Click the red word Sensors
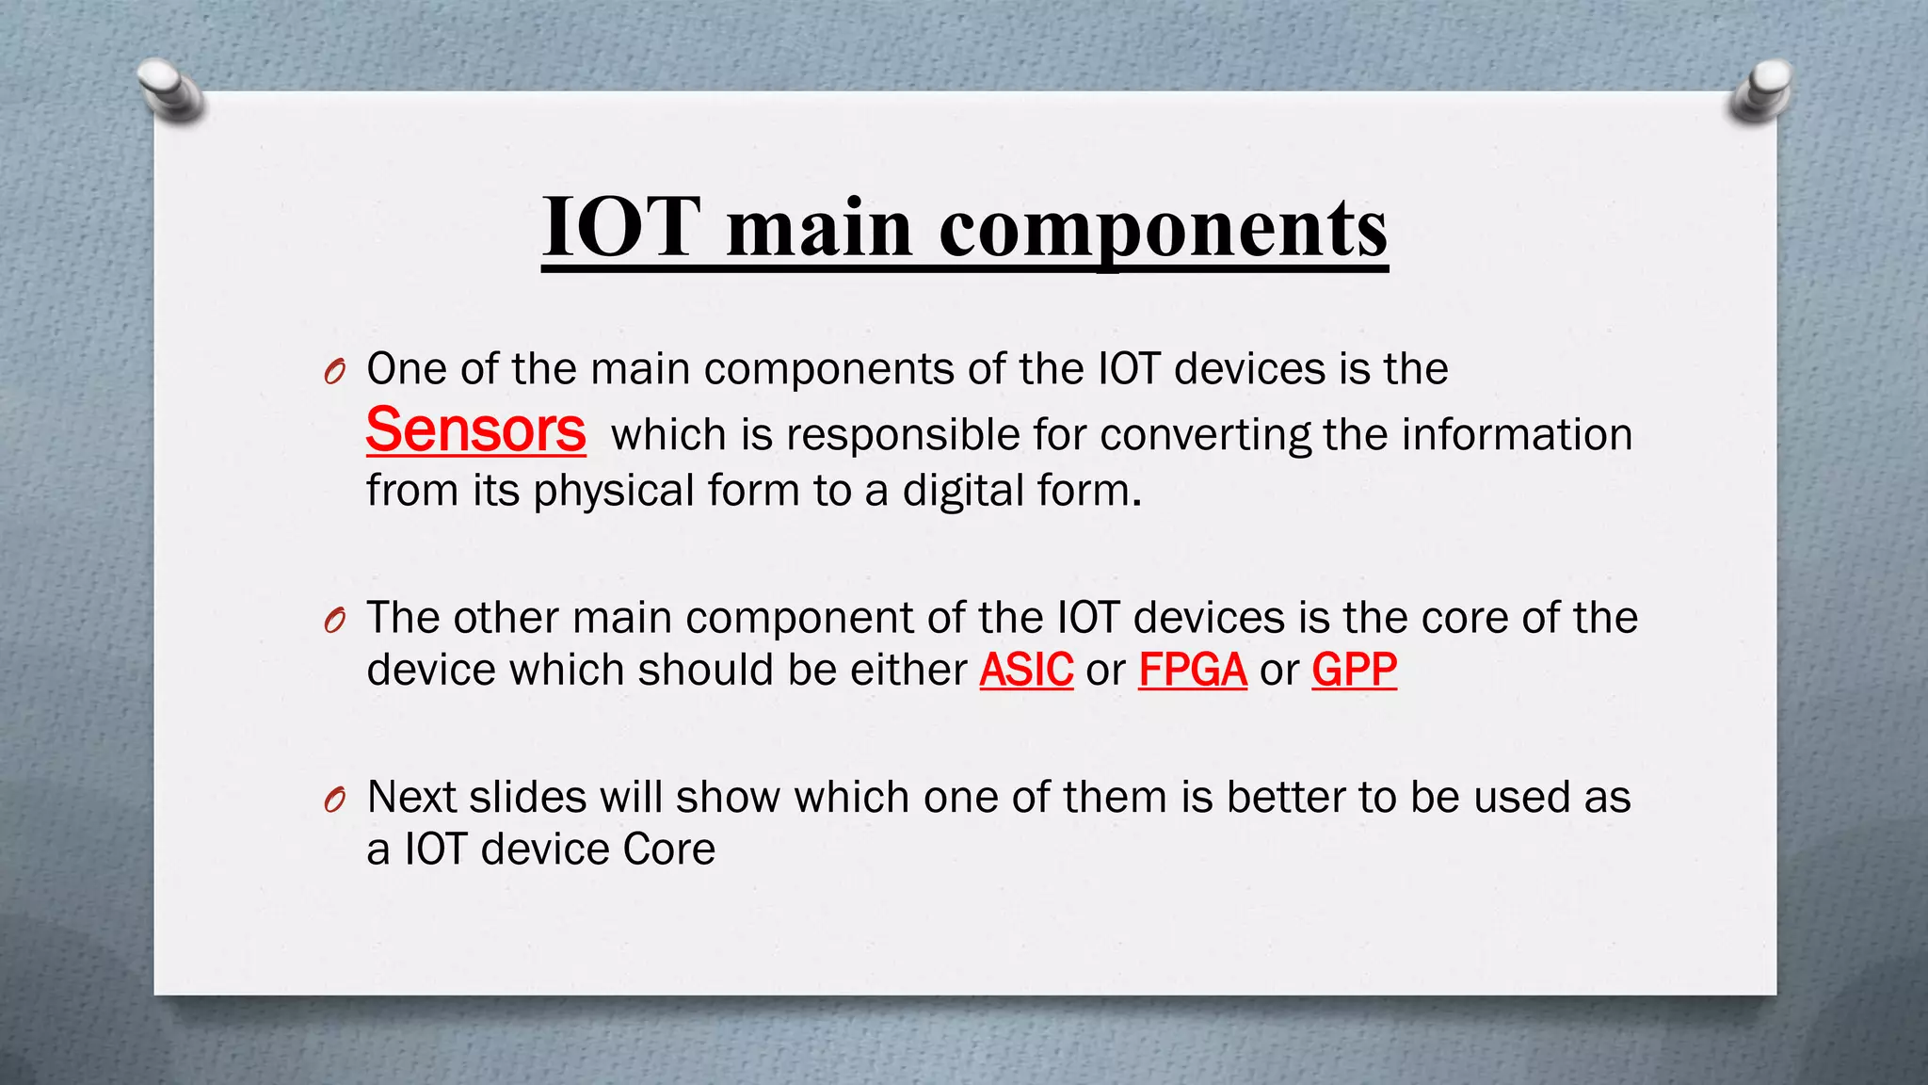point(475,430)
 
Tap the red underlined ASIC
point(1026,671)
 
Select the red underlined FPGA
point(1192,671)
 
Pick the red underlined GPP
point(1354,671)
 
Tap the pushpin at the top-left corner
point(169,89)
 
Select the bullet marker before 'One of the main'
point(334,372)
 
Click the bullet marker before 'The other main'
point(334,621)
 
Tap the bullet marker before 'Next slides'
point(334,801)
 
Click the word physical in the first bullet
point(613,492)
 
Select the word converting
point(1205,436)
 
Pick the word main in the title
point(819,229)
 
